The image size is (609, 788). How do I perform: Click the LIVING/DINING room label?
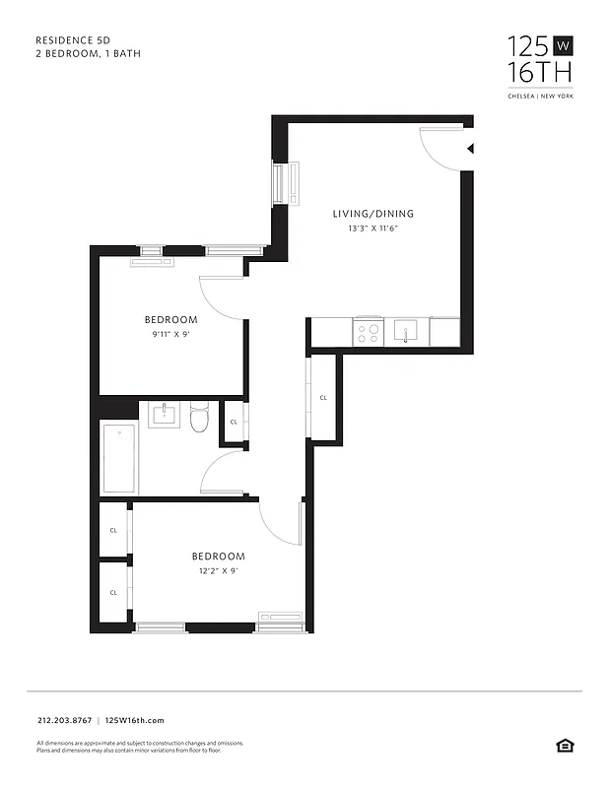tap(372, 214)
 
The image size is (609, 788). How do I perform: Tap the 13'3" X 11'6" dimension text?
tap(372, 229)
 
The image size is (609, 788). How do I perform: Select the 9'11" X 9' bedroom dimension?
tap(170, 334)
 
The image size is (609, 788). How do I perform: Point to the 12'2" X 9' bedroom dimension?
tap(217, 570)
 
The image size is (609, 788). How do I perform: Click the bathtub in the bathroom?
tap(119, 459)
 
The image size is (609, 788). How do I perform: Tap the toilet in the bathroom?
tap(199, 418)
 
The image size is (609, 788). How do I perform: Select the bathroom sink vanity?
tap(164, 414)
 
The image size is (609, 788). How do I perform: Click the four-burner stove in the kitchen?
tap(369, 332)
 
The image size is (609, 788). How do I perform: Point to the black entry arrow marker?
tap(470, 149)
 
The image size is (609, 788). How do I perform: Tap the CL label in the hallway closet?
tap(323, 398)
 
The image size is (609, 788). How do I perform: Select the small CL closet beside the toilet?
tap(234, 422)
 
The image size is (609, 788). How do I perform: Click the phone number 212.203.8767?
tap(63, 721)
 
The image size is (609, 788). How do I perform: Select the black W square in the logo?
tap(563, 45)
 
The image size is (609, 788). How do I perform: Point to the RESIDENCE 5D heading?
tap(73, 40)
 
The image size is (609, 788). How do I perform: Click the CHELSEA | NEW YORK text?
tap(539, 97)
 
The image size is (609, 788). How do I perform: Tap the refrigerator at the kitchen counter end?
tap(444, 332)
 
